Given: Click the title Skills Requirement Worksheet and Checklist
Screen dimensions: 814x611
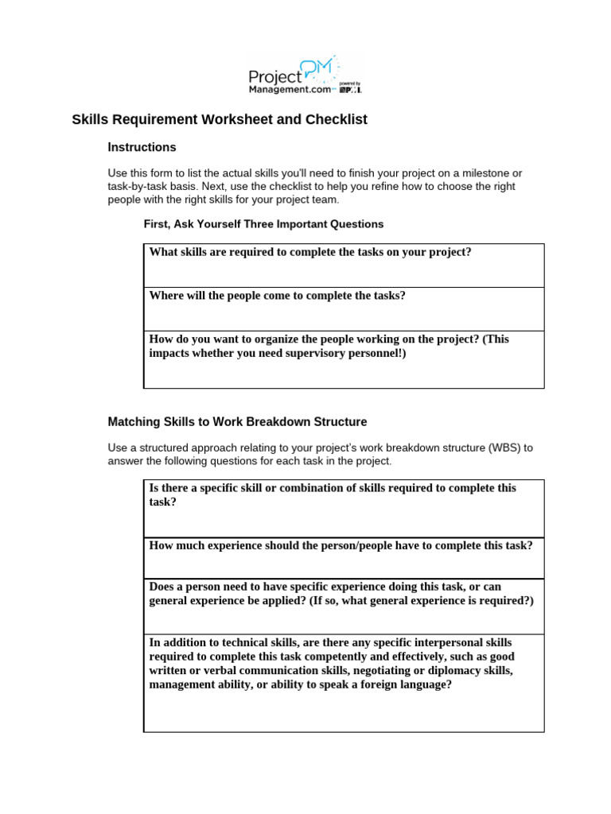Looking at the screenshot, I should click(x=220, y=120).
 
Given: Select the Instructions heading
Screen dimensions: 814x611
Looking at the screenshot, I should click(x=142, y=147).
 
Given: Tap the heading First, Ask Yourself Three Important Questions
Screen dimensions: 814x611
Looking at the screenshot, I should click(x=263, y=224).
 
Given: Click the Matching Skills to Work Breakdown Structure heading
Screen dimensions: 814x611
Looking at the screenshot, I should click(x=237, y=421).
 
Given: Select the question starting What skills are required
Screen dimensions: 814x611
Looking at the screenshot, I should click(x=310, y=252).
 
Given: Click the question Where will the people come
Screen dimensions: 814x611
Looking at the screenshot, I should click(x=277, y=296).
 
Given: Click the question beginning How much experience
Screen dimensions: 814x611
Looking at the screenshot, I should click(x=341, y=545).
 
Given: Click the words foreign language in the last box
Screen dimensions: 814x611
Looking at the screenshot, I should click(x=408, y=684).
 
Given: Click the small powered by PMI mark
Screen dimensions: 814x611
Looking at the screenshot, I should click(x=351, y=87).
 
